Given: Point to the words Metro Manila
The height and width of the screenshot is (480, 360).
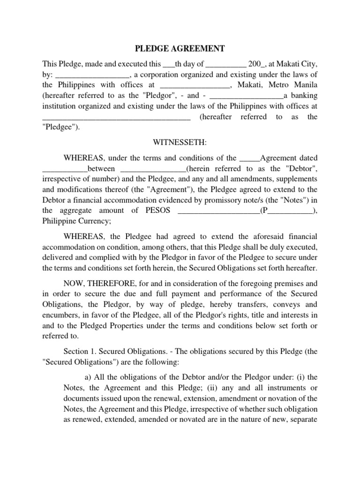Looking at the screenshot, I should pos(292,85).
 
